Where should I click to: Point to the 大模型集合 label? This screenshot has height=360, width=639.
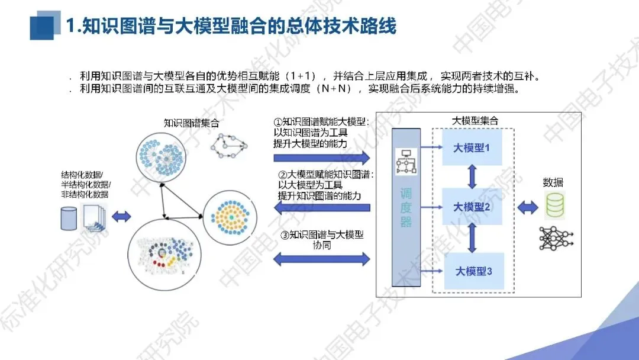click(x=475, y=121)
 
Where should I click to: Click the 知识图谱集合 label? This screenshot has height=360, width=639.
click(x=191, y=123)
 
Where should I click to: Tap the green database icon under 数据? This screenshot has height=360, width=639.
click(x=554, y=204)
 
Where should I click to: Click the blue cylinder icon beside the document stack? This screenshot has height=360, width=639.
click(x=69, y=218)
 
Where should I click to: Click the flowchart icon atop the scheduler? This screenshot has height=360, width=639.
click(x=406, y=161)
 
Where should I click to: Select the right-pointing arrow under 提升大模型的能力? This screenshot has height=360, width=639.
click(x=322, y=157)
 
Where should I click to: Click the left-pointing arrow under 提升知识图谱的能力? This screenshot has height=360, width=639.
click(x=322, y=207)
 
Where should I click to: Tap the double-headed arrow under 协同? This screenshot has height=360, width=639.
click(x=322, y=259)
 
